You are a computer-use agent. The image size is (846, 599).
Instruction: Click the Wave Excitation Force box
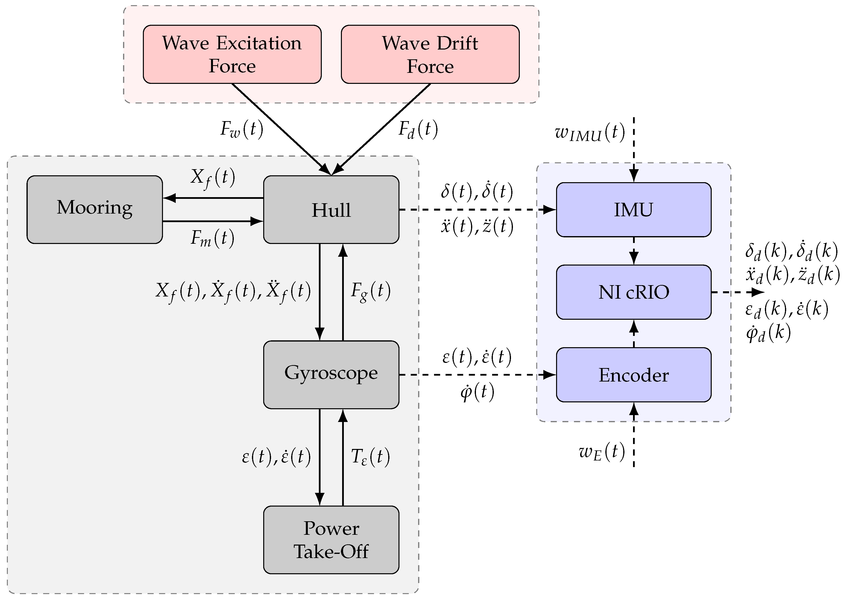click(x=232, y=54)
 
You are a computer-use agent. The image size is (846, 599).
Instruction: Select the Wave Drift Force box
click(x=430, y=54)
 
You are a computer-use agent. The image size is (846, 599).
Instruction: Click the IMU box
click(x=633, y=209)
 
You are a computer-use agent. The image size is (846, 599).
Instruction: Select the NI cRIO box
click(x=633, y=292)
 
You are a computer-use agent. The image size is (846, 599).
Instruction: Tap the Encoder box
click(x=633, y=374)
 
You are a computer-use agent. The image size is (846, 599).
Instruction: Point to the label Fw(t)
click(x=241, y=129)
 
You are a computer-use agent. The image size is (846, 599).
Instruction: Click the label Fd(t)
click(x=418, y=129)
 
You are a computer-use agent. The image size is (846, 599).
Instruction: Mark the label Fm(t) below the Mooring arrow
click(x=212, y=238)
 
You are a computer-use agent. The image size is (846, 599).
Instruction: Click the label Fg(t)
click(x=370, y=291)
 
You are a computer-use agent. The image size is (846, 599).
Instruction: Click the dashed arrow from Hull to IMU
click(x=475, y=209)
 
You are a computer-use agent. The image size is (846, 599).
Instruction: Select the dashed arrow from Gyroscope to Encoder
click(x=475, y=375)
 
